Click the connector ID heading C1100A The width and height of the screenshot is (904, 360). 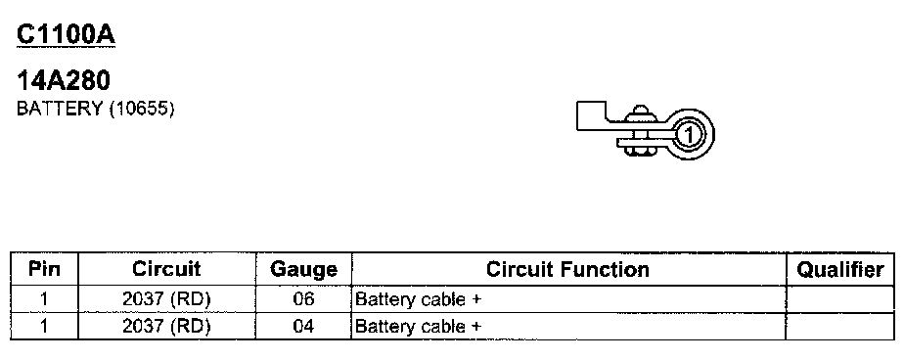67,35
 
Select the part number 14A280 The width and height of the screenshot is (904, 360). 63,81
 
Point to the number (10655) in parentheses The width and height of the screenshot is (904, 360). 141,109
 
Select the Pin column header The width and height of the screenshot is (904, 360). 44,269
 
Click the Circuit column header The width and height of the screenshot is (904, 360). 166,269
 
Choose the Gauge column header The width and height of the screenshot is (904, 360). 304,270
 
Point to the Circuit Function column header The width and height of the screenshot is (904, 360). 567,269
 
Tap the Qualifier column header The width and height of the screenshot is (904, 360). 840,269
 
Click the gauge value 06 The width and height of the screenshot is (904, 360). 303,299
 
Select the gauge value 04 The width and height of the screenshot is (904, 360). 303,327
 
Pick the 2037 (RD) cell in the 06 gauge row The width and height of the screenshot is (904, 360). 166,299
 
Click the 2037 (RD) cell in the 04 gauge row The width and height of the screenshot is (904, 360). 166,327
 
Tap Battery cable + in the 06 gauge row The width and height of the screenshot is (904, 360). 418,299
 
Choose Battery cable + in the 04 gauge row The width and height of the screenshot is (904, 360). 418,327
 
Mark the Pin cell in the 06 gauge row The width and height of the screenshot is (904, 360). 44,299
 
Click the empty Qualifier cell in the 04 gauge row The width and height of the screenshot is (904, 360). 840,327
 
